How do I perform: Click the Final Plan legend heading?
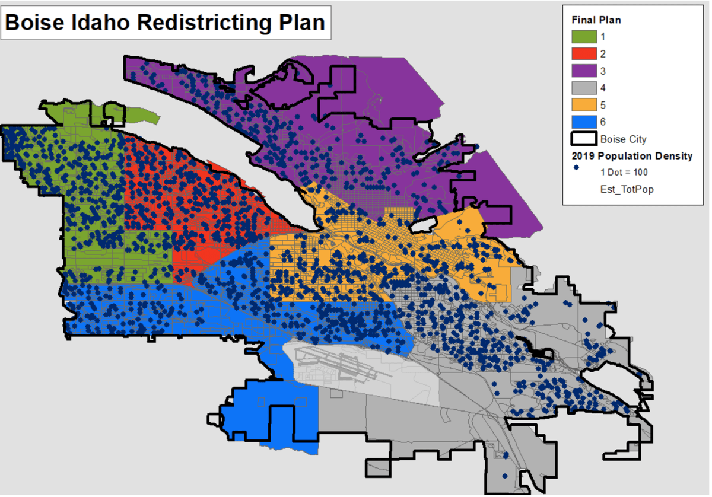pyautogui.click(x=596, y=20)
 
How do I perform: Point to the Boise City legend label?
pyautogui.click(x=623, y=140)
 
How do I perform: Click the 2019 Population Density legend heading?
pyautogui.click(x=631, y=157)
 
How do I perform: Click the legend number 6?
pyautogui.click(x=603, y=123)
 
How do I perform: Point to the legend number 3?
pyautogui.click(x=603, y=71)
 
